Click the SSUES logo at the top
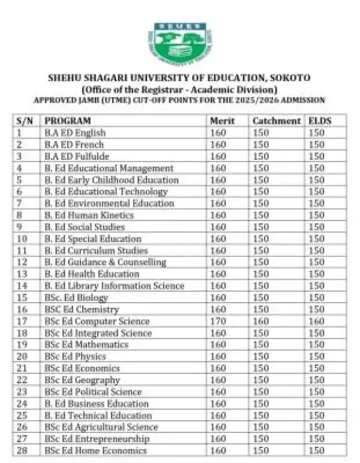179,43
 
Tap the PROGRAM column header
68,121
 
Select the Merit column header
222,121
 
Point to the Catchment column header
277,121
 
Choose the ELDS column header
320,121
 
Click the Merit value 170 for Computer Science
218,321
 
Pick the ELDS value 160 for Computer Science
316,321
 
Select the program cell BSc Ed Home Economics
96,450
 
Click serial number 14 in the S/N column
23,286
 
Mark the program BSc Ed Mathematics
86,345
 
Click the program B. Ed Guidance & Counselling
106,262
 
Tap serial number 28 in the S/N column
23,450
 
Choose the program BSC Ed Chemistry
82,309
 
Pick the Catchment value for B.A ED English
261,133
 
